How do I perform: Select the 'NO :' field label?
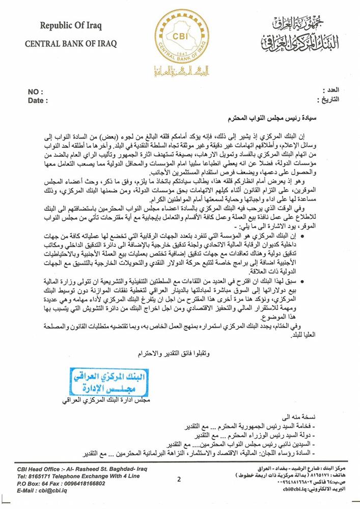click(35, 92)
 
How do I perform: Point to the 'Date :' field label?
click(38, 101)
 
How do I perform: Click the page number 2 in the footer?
click(179, 478)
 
